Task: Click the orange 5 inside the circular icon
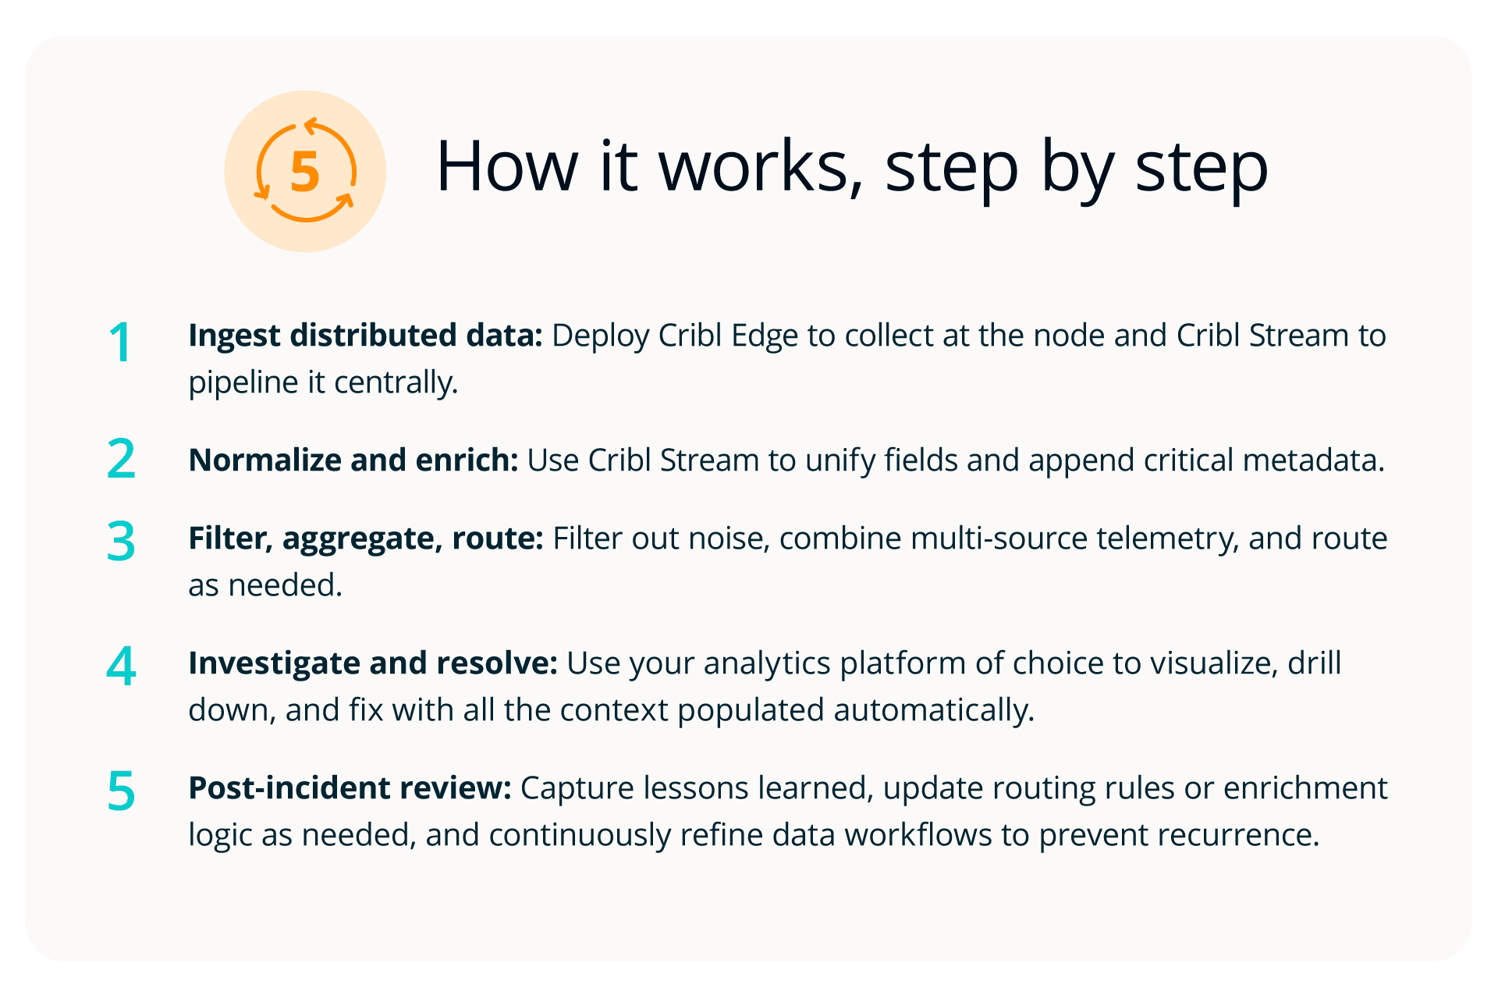[305, 172]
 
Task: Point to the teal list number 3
[121, 542]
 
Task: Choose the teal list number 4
[121, 667]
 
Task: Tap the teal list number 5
[121, 791]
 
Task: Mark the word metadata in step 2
[1313, 460]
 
